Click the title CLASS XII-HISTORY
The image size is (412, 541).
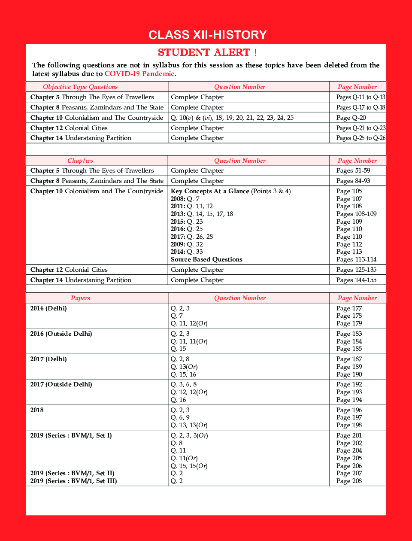207,35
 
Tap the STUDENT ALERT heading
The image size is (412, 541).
207,52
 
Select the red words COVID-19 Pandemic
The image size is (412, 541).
139,73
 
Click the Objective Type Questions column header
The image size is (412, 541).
80,87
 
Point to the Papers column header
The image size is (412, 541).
80,298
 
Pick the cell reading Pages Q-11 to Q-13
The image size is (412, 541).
360,97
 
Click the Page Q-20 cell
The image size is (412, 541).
351,118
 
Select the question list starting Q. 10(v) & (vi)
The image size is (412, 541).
232,118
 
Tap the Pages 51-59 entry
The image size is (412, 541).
353,170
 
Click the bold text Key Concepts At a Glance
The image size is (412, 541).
210,191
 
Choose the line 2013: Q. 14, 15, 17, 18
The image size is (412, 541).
202,214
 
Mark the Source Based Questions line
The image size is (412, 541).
206,259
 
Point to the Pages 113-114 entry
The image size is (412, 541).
356,259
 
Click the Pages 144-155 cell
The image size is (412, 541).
356,280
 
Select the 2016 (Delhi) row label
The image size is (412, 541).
48,308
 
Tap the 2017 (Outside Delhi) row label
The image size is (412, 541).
61,384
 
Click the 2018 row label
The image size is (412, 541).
37,410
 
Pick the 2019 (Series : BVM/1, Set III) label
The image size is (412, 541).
73,481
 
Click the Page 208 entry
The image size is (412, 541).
349,481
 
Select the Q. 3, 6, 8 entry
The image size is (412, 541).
184,384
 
